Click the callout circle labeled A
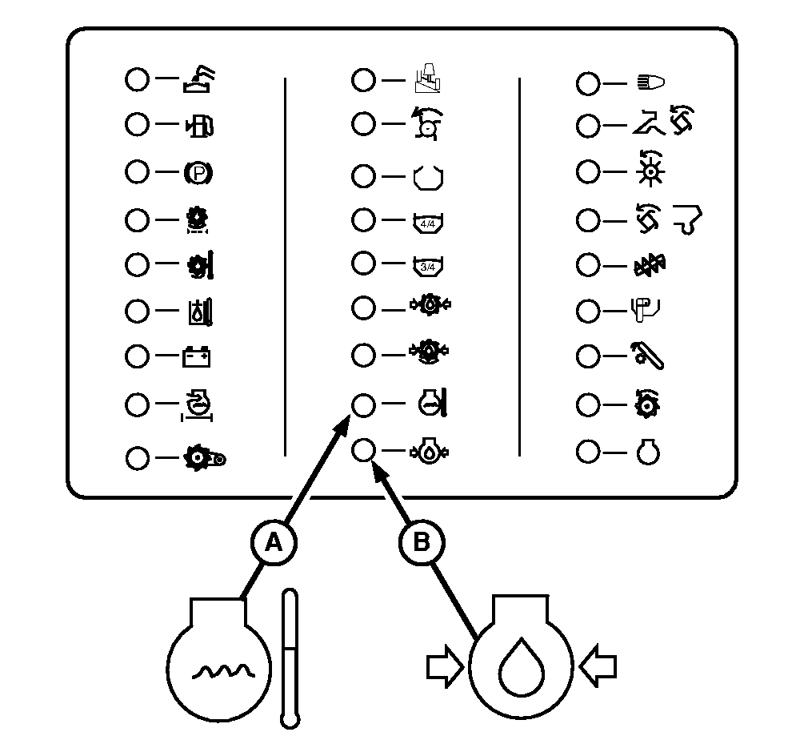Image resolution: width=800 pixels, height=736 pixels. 274,543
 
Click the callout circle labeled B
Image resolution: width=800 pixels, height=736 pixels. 421,543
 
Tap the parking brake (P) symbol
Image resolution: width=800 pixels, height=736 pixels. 198,172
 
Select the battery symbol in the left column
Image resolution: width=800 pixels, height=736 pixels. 197,357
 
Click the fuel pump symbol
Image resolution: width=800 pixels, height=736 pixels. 200,125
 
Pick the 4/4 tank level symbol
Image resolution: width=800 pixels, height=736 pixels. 428,222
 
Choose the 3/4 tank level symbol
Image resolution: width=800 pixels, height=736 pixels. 428,266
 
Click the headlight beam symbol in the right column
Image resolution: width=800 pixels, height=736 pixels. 650,82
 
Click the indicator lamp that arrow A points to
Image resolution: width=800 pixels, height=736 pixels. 363,405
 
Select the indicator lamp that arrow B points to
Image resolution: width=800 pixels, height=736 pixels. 363,451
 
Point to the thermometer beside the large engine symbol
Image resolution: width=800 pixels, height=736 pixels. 290,658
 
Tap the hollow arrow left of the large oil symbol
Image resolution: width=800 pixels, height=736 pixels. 445,666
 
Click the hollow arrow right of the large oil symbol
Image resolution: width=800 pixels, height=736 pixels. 598,666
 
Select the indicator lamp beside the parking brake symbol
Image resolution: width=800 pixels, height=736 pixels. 137,171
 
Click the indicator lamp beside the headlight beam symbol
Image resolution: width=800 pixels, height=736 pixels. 588,83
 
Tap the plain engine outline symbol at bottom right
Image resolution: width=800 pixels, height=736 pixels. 648,452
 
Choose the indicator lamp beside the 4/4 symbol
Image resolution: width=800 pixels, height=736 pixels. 363,220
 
